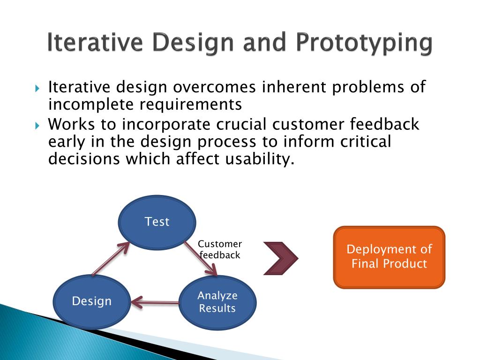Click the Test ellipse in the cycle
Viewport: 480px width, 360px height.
pos(157,222)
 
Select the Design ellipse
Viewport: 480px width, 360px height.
pos(92,301)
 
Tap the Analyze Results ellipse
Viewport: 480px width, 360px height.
pos(217,302)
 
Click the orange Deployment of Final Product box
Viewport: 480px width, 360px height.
pos(389,257)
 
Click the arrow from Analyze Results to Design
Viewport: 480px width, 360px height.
pos(155,302)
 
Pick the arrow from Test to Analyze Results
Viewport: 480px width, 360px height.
pos(201,259)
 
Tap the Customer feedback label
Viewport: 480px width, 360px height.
pos(220,249)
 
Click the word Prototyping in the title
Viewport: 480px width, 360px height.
pos(364,43)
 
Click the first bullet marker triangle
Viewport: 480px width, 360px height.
pos(37,89)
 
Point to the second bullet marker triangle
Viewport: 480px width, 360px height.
pos(37,126)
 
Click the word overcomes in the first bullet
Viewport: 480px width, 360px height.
pos(214,87)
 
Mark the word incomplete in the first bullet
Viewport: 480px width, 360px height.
pos(91,105)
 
